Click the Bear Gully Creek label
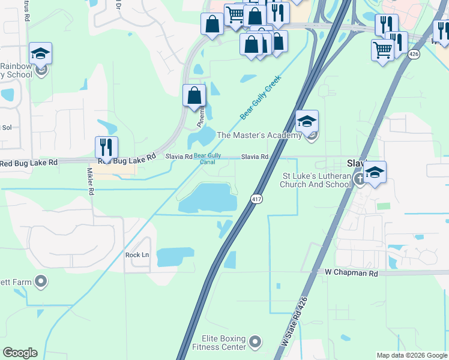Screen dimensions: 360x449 pos(261,96)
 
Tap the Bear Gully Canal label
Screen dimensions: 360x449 pos(204,158)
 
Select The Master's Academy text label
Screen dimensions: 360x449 pos(259,136)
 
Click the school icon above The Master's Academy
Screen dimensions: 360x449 pos(307,122)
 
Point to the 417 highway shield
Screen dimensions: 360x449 pos(256,199)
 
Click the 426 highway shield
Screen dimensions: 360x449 pos(413,53)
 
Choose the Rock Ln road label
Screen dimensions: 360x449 pos(137,254)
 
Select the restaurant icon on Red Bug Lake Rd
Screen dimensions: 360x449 pos(106,148)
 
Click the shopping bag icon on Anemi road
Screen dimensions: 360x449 pos(194,95)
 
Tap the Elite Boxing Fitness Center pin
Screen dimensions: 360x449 pos(256,342)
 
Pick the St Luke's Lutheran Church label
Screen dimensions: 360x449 pos(315,180)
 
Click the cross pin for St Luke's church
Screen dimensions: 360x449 pos(360,178)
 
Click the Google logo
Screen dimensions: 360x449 pos(20,353)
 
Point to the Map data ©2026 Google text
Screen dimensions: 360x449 pos(412,355)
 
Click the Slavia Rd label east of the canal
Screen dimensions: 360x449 pos(255,157)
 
